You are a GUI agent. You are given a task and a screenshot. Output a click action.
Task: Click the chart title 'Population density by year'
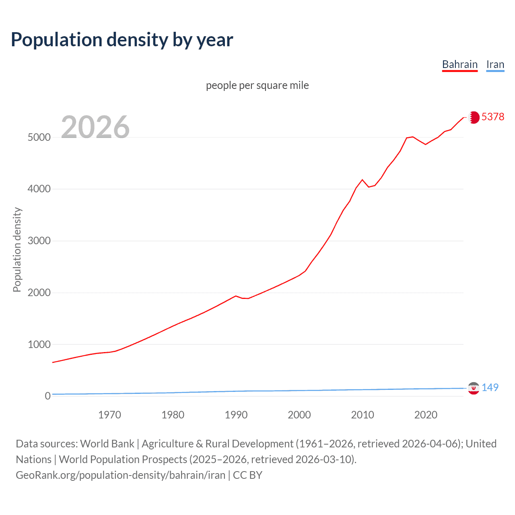[122, 40]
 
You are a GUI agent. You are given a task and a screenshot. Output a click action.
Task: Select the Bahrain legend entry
[459, 64]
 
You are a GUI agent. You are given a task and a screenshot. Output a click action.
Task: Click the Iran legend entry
[495, 64]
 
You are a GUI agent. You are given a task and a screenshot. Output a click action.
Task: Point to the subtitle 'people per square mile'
[257, 85]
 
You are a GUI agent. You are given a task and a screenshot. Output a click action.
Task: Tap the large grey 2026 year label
[95, 127]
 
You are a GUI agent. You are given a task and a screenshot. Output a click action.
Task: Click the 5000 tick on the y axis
[39, 137]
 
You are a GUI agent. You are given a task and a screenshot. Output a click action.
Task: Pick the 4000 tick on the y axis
[39, 189]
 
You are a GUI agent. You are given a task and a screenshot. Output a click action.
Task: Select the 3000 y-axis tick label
[39, 241]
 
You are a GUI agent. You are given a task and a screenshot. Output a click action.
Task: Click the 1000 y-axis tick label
[39, 344]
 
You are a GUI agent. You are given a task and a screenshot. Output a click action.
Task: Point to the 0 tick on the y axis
[47, 396]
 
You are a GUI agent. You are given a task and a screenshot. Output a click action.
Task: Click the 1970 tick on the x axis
[109, 415]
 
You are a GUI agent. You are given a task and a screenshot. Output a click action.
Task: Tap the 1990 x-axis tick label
[236, 415]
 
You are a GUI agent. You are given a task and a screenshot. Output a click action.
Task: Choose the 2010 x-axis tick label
[363, 415]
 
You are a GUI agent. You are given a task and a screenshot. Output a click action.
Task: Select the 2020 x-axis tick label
[426, 415]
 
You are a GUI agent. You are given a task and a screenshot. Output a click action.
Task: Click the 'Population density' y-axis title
[17, 249]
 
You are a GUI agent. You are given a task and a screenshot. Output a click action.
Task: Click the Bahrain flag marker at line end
[474, 117]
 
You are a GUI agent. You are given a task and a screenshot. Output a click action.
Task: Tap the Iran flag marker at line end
[474, 388]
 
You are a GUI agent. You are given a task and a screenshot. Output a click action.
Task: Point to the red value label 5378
[492, 117]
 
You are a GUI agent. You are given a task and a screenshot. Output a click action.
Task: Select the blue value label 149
[490, 387]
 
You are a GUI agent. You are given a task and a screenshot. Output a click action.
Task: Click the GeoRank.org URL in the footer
[120, 475]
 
